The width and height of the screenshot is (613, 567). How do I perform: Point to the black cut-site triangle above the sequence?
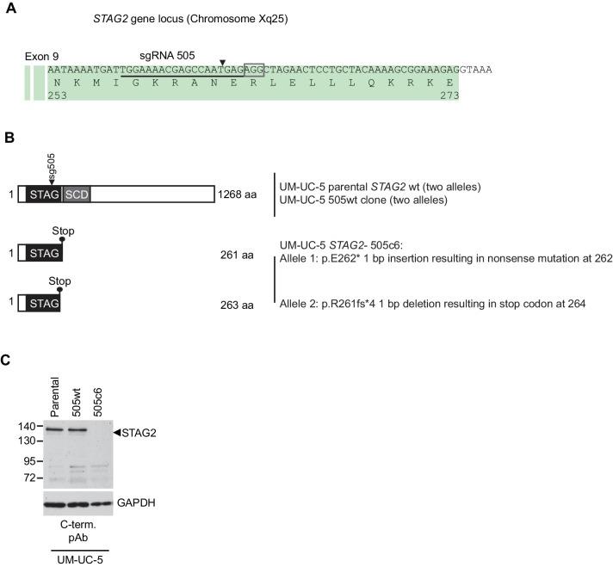(222, 62)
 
